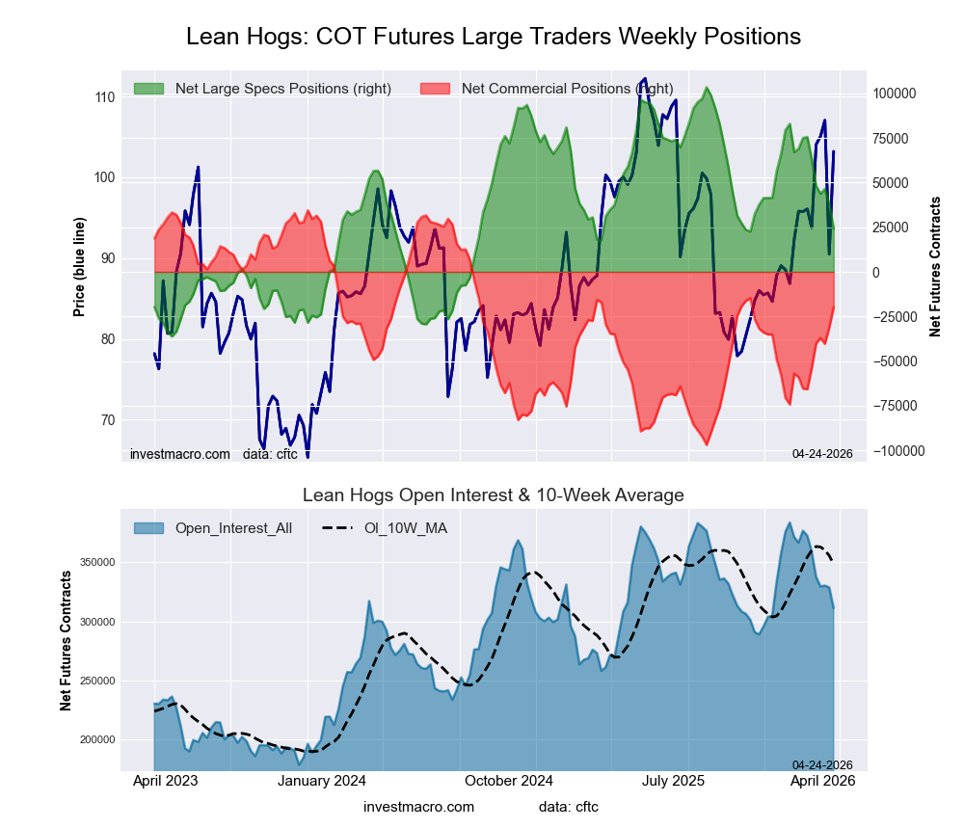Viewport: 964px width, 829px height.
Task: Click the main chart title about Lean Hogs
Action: coord(493,37)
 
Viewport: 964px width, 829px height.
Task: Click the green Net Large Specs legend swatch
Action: coord(148,89)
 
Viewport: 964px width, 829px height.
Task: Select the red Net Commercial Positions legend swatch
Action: coord(435,89)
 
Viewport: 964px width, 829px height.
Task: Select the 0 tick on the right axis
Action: coord(877,273)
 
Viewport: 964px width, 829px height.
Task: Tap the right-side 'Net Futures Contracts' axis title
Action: coord(935,265)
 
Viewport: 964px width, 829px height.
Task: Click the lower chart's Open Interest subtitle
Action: coord(493,495)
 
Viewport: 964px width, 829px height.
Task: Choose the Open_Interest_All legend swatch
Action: coord(148,528)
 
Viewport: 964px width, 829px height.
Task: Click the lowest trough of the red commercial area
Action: coord(707,444)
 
